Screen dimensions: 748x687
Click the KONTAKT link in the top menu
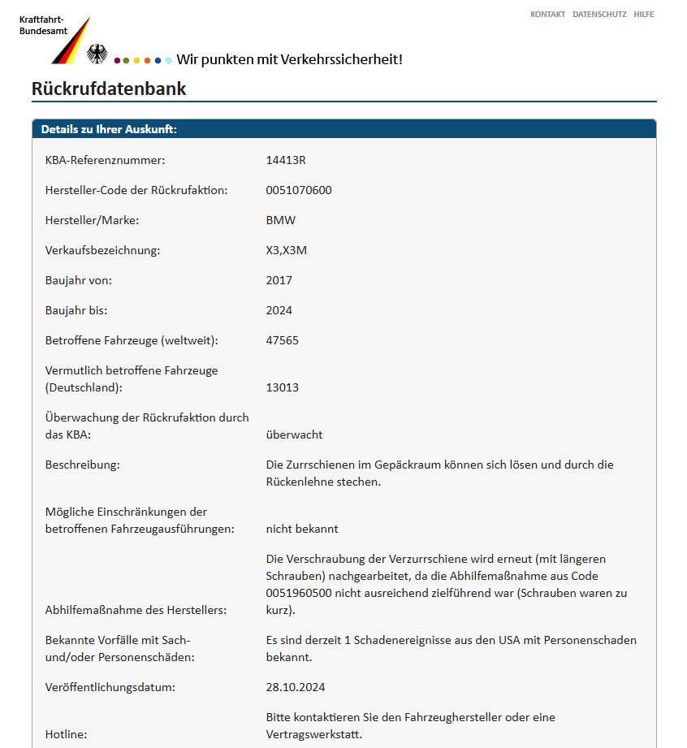[547, 15]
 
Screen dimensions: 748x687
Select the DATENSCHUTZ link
[599, 15]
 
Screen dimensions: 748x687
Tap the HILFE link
[643, 15]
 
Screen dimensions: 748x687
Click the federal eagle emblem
[97, 54]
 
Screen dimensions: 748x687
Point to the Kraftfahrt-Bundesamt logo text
[41, 25]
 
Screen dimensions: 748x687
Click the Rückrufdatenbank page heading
[109, 89]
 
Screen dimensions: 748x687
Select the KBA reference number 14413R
[286, 160]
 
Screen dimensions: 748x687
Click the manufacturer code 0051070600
[299, 190]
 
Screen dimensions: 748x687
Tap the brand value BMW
[281, 220]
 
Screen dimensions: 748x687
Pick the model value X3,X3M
[287, 250]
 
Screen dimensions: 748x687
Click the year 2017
[279, 280]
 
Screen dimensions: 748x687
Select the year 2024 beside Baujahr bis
[279, 310]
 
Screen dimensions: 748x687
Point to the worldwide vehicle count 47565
[282, 340]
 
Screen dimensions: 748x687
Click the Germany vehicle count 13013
[282, 387]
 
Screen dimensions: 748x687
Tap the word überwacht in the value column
[294, 435]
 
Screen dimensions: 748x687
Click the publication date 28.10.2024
[296, 687]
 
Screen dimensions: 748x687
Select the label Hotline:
[67, 734]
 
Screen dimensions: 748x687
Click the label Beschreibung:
[82, 465]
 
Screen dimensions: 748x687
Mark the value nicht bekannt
[302, 529]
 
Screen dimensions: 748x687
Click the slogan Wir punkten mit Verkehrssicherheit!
[289, 59]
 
